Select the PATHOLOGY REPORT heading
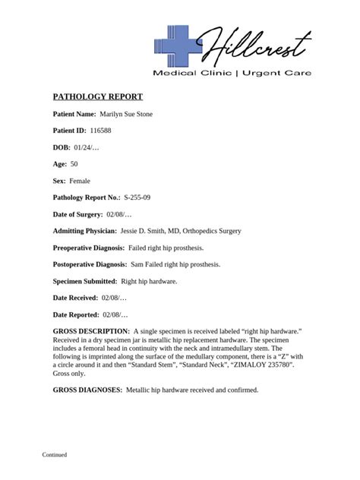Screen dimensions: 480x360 (97, 97)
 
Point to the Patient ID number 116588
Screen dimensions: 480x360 (100, 131)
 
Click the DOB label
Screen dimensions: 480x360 (62, 147)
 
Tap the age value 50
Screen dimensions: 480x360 (74, 164)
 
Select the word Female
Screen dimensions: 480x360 (80, 181)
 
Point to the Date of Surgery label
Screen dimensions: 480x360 (78, 214)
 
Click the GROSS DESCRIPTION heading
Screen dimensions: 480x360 (91, 331)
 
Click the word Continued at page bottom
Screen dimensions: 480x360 (55, 455)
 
